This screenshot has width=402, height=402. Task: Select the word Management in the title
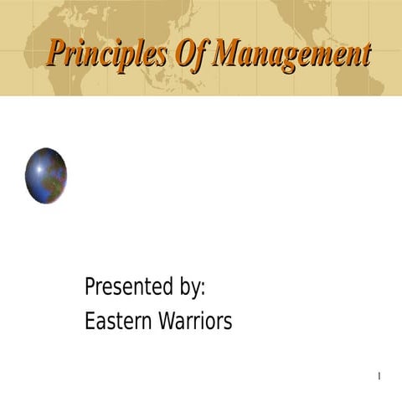291,54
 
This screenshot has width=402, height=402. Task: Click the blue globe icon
46,176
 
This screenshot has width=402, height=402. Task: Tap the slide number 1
379,375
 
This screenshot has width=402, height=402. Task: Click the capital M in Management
227,53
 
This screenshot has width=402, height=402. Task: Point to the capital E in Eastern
90,321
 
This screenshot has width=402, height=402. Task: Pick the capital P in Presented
90,287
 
